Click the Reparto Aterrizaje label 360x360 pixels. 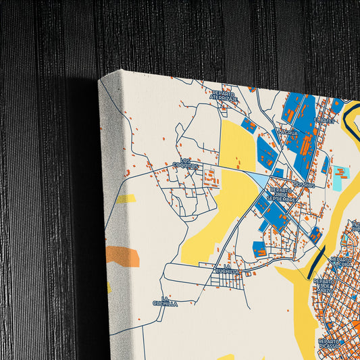(225, 95)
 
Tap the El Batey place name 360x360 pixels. (324, 121)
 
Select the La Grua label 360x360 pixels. (287, 133)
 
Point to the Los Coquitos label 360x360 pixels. (185, 163)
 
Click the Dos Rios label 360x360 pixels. (305, 184)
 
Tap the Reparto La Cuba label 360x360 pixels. (341, 262)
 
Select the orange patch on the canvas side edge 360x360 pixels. (122, 257)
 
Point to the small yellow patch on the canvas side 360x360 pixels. (125, 199)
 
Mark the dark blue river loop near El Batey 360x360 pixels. (348, 118)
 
